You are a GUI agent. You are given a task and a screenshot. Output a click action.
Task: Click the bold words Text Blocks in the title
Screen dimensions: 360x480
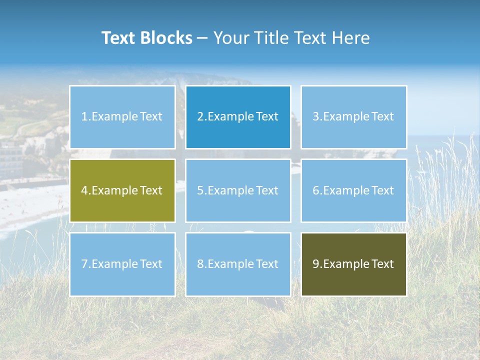[146, 38]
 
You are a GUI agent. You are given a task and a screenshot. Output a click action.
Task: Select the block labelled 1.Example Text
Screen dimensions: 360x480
[122, 117]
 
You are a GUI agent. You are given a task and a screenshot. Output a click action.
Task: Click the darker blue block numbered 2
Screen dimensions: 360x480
[238, 117]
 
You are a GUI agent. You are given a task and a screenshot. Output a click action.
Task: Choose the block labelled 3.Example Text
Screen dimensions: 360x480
[353, 117]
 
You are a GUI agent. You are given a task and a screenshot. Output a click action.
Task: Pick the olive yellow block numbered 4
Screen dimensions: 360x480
[122, 190]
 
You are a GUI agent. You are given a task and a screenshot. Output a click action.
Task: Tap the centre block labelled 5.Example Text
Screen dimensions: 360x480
[238, 190]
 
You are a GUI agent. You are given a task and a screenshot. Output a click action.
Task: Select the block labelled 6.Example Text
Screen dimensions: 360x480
[353, 190]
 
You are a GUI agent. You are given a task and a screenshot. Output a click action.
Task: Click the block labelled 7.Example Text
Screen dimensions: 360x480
[122, 264]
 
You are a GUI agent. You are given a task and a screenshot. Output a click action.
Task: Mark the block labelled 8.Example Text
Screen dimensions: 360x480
[238, 264]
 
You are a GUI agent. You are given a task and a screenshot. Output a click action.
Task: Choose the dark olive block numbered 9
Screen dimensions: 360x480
[353, 264]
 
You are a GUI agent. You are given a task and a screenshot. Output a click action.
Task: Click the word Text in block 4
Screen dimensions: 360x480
[151, 190]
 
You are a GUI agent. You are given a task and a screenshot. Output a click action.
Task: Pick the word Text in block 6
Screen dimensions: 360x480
[382, 190]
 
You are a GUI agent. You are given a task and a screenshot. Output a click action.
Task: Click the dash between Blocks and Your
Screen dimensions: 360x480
[202, 38]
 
